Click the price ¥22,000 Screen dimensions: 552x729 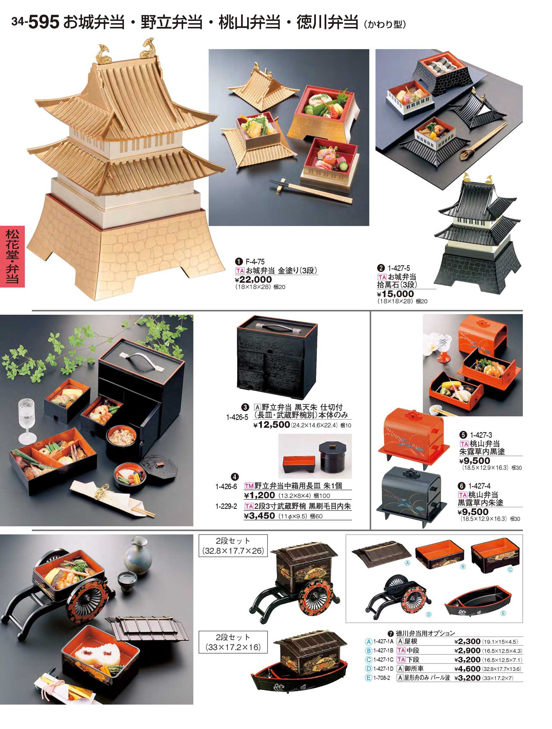coord(253,279)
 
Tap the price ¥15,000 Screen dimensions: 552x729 coord(395,294)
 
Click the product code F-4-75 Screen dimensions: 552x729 coord(255,262)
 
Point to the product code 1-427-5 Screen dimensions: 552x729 coord(399,268)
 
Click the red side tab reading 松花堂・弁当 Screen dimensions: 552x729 coord(12,256)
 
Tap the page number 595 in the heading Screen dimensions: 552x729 coord(43,22)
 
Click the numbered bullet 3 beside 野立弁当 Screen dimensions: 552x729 coord(245,407)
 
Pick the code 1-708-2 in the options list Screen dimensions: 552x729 coord(381,678)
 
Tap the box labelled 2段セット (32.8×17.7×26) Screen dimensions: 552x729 coord(233,546)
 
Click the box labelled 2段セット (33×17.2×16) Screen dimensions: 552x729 coord(233,642)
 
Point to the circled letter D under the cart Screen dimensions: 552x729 coord(428,614)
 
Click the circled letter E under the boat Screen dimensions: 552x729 coord(503,613)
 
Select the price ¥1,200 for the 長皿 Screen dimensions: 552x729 coord(259,495)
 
